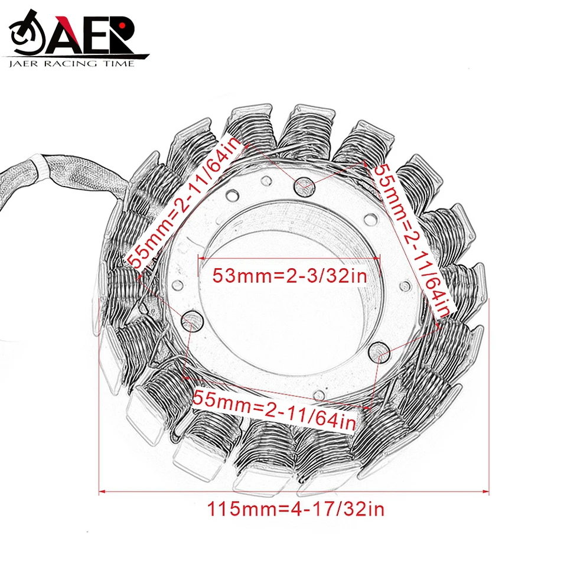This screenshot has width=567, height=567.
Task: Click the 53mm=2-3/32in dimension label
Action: (x=289, y=276)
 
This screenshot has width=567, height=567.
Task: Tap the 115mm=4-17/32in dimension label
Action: (x=295, y=509)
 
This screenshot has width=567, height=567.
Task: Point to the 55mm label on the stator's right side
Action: (x=413, y=241)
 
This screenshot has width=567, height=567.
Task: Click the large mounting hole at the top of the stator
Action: (x=305, y=187)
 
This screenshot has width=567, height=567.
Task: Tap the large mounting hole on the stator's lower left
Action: (x=191, y=320)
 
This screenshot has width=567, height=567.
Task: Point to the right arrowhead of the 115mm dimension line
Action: (x=485, y=491)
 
